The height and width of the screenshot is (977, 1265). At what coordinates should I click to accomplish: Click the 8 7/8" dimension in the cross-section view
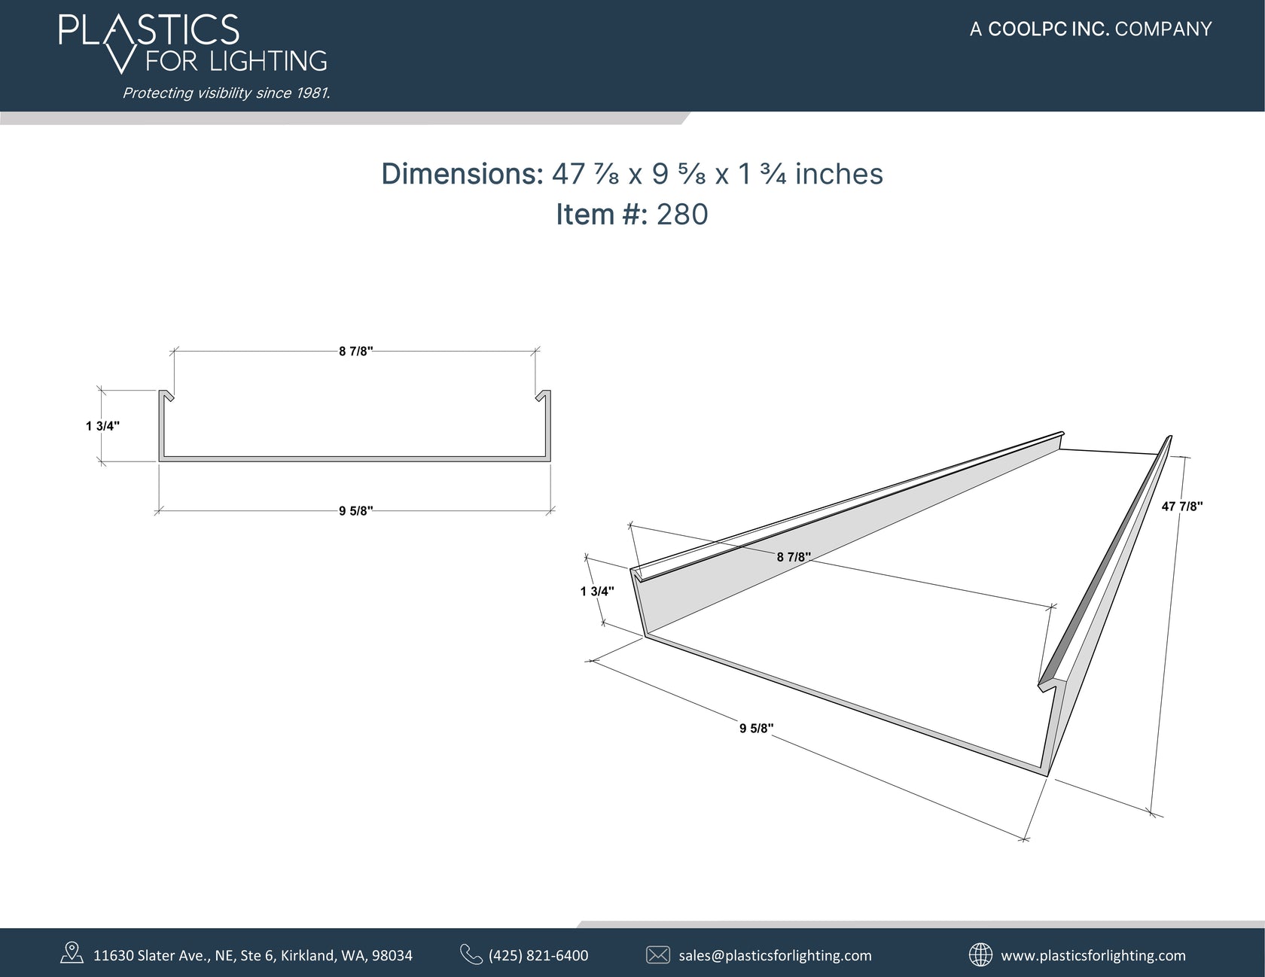[355, 352]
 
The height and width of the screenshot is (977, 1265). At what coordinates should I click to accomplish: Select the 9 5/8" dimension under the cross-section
[355, 512]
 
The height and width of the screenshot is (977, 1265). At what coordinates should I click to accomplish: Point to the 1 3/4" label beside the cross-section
[102, 426]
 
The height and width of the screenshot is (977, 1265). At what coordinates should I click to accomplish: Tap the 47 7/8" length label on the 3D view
[1181, 507]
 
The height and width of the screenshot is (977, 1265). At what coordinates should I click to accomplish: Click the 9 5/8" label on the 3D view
[756, 728]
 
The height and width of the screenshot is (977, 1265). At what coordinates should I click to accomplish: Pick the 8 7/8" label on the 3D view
[794, 557]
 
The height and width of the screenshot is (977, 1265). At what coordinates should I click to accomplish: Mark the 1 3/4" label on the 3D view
[597, 592]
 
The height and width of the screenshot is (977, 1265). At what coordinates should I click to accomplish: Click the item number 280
[682, 215]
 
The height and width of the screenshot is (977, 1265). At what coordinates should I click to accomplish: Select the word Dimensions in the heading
[462, 174]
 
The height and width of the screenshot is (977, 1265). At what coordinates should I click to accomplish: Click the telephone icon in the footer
[471, 954]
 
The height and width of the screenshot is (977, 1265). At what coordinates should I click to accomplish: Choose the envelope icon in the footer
[658, 955]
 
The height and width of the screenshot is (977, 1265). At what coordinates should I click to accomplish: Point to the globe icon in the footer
[980, 954]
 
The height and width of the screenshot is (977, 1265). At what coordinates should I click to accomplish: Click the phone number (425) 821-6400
[538, 955]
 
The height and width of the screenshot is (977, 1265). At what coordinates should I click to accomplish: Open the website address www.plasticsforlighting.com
[1093, 955]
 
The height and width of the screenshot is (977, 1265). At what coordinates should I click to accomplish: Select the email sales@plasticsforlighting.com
[775, 955]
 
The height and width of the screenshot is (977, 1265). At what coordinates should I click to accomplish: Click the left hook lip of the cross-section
[166, 395]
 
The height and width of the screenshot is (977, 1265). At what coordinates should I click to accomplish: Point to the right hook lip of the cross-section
[543, 395]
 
